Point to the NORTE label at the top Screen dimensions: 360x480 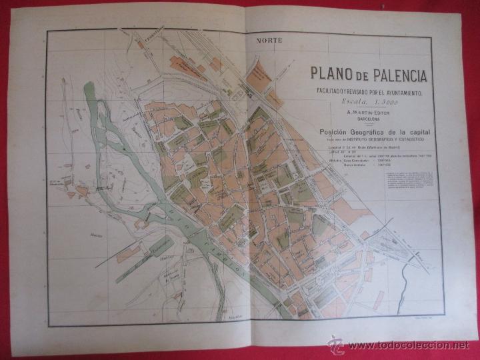pos(269,41)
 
